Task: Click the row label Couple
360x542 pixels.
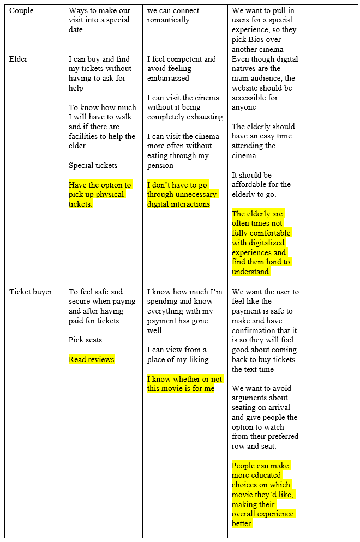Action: [21, 10]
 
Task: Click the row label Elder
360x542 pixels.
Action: [19, 59]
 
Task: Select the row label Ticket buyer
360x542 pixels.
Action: [31, 292]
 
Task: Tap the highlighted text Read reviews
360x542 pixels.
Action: [91, 359]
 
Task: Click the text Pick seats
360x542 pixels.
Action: [85, 340]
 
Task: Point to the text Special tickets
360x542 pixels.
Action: [93, 165]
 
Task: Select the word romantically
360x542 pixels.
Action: [168, 20]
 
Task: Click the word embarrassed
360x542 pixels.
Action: [168, 78]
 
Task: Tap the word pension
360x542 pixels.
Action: [160, 165]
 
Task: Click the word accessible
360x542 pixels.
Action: [250, 98]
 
